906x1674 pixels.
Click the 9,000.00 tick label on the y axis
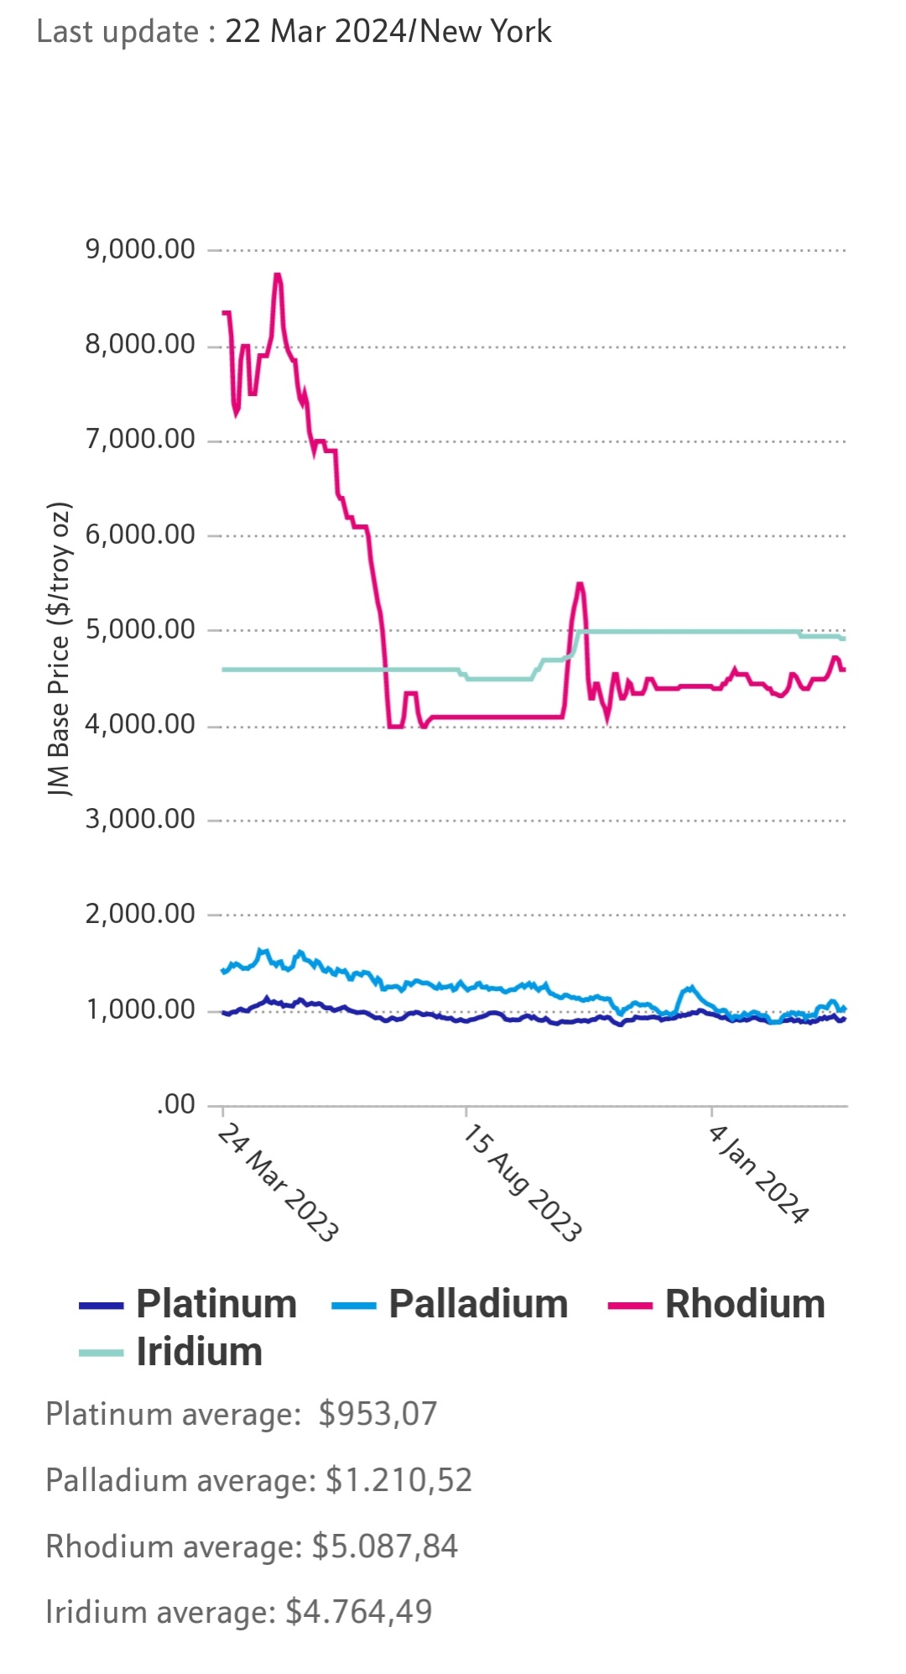[140, 249]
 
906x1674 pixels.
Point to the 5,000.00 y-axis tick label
[140, 629]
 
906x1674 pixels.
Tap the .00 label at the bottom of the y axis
[175, 1104]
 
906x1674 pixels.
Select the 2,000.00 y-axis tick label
[140, 914]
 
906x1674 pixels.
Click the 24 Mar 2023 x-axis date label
[279, 1183]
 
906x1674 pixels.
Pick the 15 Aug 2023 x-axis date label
[523, 1183]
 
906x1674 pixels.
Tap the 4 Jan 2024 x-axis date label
[759, 1175]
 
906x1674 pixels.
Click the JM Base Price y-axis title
[59, 650]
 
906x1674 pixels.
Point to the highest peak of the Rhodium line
[278, 275]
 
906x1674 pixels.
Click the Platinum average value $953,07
[377, 1414]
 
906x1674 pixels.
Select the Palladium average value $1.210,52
[398, 1480]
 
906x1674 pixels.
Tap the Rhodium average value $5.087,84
[385, 1546]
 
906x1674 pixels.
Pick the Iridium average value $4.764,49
[359, 1612]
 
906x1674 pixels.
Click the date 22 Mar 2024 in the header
[315, 32]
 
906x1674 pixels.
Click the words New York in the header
[486, 32]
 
